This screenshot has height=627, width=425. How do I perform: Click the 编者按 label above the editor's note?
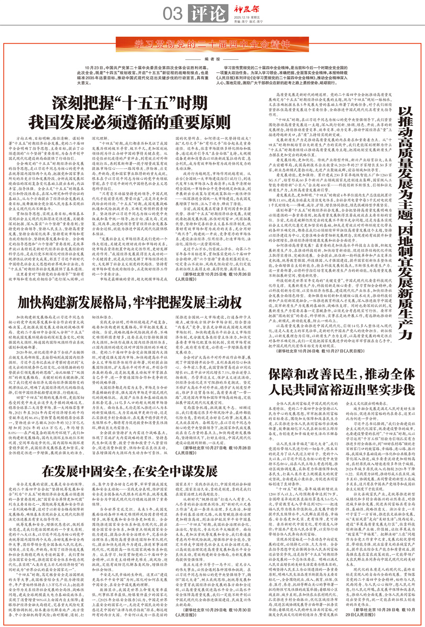point(212,59)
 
